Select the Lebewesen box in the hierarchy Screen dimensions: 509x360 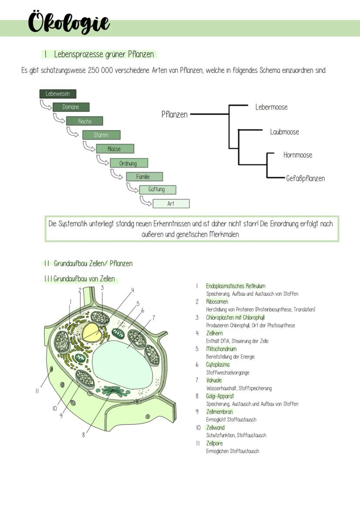point(57,94)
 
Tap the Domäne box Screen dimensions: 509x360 point(71,107)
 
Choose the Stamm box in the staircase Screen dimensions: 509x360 point(101,135)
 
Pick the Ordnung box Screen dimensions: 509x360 point(128,163)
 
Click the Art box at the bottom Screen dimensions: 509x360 point(171,204)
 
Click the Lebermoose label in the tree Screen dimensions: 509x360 point(271,107)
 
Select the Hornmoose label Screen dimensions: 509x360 point(297,155)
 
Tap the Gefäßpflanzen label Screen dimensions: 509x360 point(305,178)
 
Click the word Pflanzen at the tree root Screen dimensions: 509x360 point(174,114)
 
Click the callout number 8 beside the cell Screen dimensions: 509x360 point(83,435)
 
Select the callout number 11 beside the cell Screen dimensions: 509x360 point(37,390)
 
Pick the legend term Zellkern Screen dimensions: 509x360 point(214,333)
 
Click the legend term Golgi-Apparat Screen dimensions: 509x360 point(220,396)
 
